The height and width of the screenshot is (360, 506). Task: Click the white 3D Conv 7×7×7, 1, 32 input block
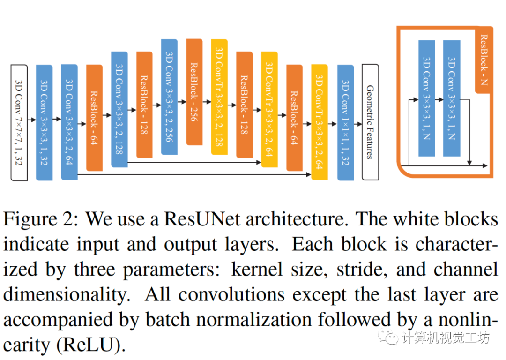19,122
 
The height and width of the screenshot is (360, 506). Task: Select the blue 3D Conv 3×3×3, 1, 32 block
45,122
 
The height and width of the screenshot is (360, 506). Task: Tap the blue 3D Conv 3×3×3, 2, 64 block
69,122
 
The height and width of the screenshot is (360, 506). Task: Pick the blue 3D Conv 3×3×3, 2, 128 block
119,109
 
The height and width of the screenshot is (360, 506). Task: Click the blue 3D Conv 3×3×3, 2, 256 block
170,97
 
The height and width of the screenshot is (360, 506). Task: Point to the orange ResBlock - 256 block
194,92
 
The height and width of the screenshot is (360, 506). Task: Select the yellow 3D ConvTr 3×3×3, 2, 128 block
219,100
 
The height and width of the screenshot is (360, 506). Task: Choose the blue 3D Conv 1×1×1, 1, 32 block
345,122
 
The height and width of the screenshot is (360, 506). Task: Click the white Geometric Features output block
370,122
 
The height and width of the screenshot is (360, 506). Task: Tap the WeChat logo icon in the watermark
388,337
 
